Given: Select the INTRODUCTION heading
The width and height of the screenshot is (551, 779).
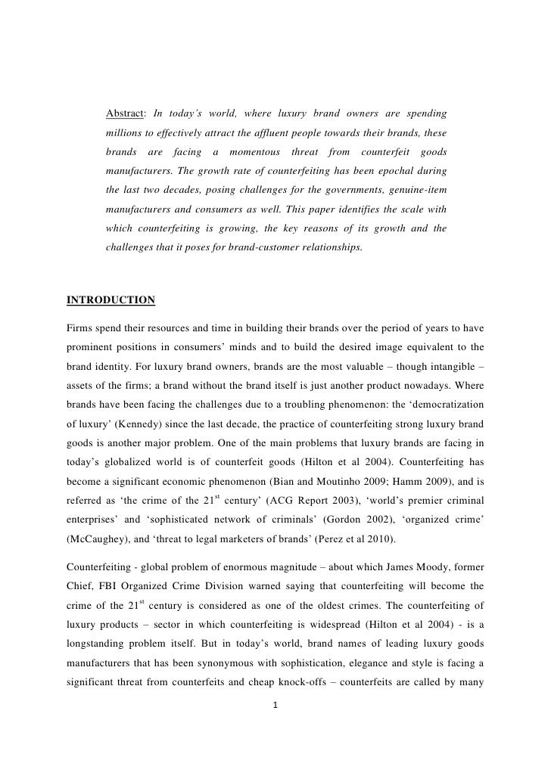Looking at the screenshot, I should pos(111,300).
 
